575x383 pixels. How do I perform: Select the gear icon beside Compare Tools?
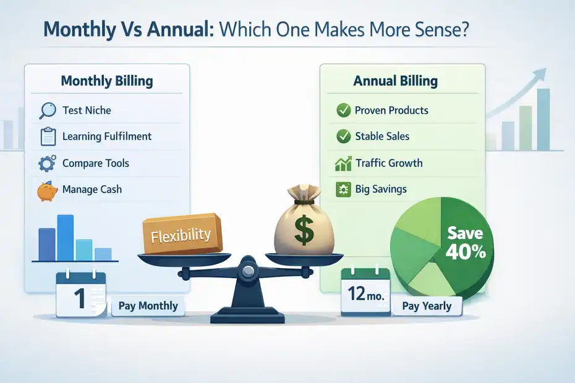tap(47, 164)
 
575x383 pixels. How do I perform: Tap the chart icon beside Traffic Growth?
tap(343, 164)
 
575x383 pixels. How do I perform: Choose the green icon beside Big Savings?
tap(343, 190)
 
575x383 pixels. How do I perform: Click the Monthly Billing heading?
tap(107, 81)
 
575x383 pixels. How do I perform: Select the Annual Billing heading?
tap(395, 81)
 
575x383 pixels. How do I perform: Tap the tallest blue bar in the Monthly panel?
tap(65, 237)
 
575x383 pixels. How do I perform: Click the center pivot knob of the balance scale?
tap(247, 269)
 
